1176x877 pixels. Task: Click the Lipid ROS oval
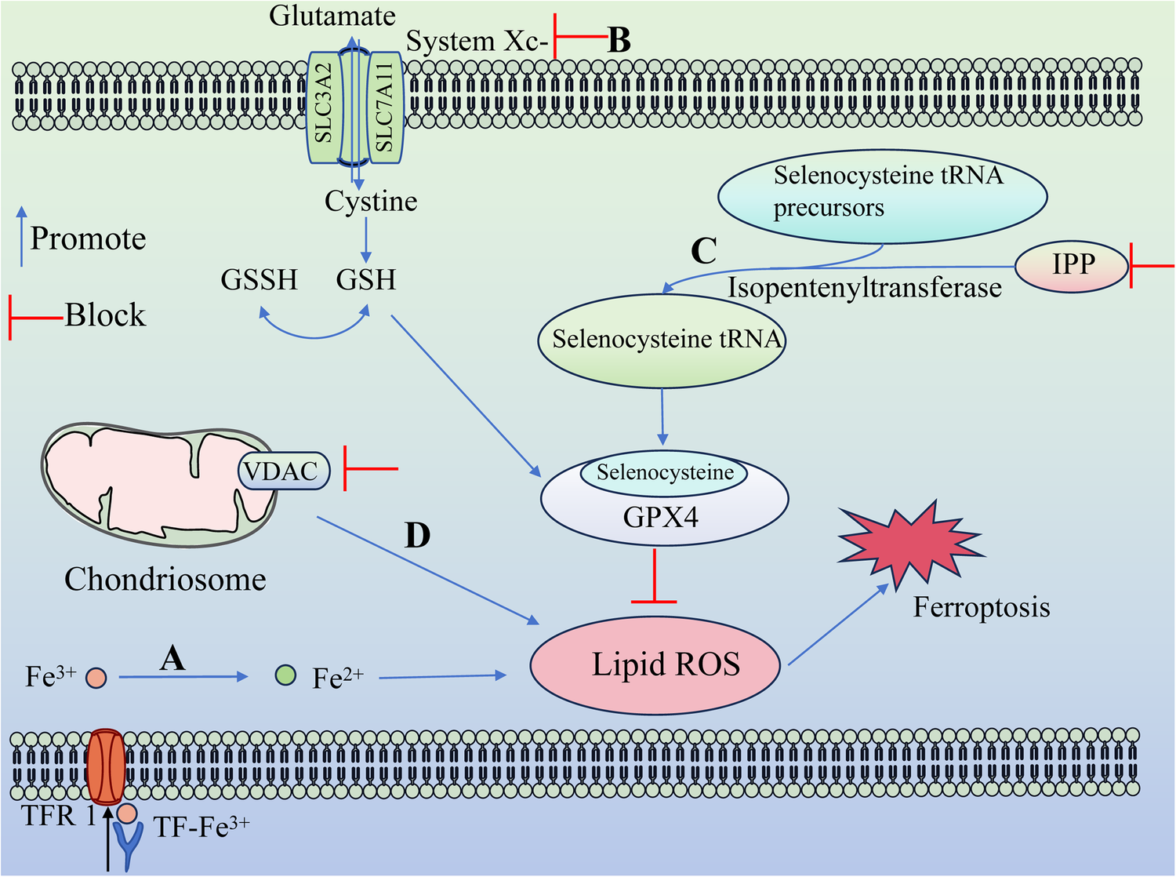655,665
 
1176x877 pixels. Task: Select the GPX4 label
661,517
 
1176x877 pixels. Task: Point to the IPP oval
1072,265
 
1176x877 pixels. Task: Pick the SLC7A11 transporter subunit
384,107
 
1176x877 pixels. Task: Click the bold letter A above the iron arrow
172,657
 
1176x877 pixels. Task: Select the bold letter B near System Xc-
619,40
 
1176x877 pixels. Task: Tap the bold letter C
703,250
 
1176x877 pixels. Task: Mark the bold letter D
417,535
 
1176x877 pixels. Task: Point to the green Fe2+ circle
286,674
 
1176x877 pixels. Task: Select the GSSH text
259,280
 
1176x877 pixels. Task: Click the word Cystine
371,202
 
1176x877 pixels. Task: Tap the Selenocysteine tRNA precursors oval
882,196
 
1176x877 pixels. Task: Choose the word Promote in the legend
88,238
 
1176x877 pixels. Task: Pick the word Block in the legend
105,315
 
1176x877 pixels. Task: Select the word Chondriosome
165,580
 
